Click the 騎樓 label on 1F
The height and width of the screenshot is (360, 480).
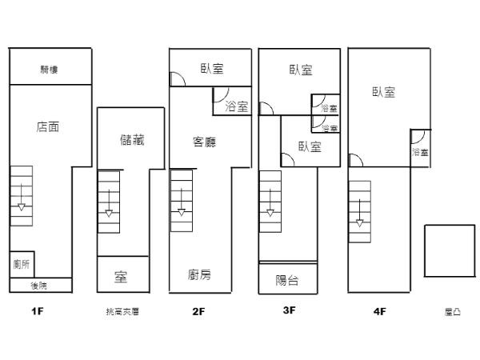49,70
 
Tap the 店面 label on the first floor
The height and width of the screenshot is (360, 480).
48,126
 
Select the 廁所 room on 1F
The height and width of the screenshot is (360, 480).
22,263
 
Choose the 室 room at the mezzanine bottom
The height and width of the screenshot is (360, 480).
122,277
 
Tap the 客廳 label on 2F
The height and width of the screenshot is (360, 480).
206,142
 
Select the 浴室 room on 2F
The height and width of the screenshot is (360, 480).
236,106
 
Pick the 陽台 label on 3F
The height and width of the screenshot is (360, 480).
287,279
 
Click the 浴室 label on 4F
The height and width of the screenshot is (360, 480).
420,151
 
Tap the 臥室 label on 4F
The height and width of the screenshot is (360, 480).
383,92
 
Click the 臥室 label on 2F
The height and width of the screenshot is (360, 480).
211,70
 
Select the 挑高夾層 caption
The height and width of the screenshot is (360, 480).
122,311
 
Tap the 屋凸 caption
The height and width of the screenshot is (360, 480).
452,311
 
